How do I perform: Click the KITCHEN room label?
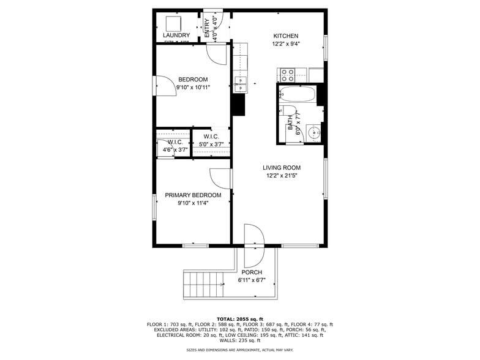(285, 36)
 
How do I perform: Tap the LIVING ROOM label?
(282, 168)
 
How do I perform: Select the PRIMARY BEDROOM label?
(193, 195)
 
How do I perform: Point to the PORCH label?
(252, 272)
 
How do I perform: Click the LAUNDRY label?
(176, 36)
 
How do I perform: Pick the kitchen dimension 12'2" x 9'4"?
(285, 44)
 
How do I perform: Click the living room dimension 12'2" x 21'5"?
(282, 176)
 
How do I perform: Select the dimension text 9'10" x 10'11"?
(193, 88)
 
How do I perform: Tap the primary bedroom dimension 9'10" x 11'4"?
(193, 203)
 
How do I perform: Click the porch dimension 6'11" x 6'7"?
(252, 280)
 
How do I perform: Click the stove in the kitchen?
(288, 75)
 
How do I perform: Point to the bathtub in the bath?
(297, 96)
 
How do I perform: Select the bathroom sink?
(313, 132)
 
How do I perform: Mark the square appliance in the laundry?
(173, 23)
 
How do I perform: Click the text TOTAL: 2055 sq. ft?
(239, 319)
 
